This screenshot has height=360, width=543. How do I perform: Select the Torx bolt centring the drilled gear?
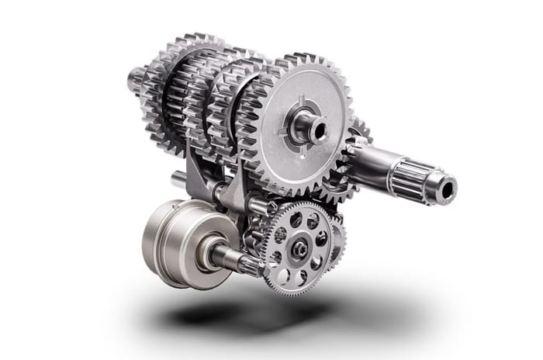(x=299, y=248)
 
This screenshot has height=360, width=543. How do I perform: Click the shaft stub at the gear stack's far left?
(x=134, y=78)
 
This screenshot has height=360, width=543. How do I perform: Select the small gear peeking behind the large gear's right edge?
(x=358, y=132)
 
